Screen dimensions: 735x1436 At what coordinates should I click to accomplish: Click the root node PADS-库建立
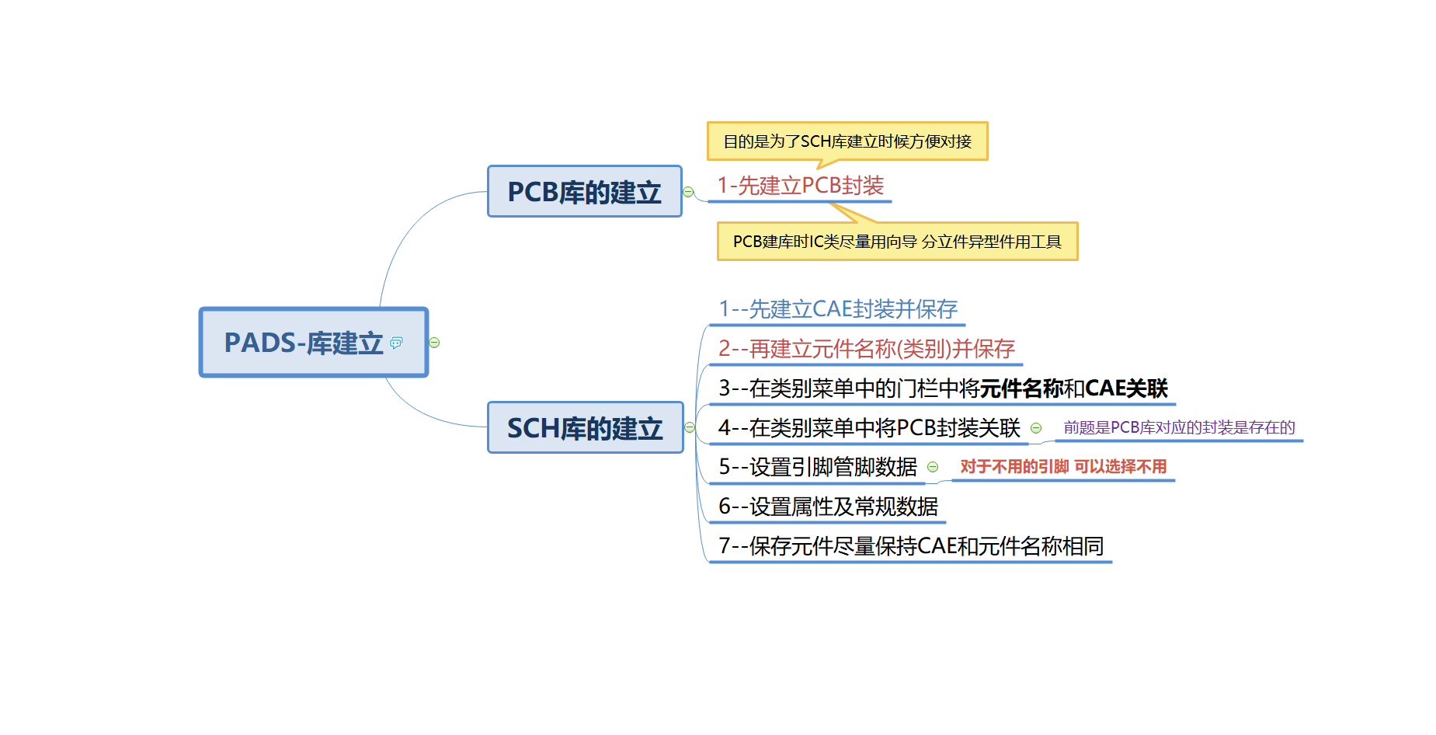point(304,343)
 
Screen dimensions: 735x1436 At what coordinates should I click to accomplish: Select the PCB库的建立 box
point(584,192)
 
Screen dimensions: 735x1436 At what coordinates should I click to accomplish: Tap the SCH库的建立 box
point(584,428)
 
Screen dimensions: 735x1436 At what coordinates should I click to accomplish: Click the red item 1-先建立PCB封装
point(800,186)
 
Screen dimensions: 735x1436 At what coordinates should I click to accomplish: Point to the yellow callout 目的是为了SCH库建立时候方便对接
point(847,141)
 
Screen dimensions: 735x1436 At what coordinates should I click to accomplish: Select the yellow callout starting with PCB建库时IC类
point(897,242)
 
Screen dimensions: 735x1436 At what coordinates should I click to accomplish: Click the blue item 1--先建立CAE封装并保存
point(838,309)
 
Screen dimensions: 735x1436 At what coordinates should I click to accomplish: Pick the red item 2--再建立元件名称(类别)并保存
point(866,349)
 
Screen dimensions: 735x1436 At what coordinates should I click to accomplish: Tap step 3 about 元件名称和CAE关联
point(943,388)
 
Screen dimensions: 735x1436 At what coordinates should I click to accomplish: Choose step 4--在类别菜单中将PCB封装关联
point(869,428)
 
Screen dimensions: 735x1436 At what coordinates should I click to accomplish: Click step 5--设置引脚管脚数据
point(818,467)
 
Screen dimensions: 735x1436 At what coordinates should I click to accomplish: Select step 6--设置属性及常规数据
point(828,507)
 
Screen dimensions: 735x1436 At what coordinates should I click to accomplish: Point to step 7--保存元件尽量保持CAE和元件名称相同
point(911,546)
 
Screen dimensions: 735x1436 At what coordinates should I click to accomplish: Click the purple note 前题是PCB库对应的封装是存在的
point(1179,427)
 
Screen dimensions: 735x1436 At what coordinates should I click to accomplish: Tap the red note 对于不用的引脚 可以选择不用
point(1063,466)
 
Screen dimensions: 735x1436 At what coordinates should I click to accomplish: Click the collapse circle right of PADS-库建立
point(434,343)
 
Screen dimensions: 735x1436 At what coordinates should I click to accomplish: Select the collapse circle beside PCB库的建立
point(688,192)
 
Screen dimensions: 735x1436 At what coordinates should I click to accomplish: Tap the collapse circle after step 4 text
point(1036,428)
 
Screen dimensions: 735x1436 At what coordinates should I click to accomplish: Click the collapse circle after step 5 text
point(933,467)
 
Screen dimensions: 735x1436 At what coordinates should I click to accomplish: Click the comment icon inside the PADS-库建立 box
point(396,343)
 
